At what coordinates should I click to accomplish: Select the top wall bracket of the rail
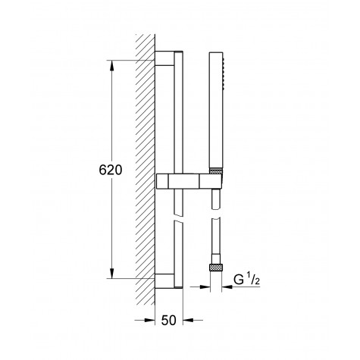pos(163,61)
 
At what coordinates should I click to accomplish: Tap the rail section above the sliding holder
pos(179,114)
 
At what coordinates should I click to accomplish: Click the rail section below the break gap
pos(179,250)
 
